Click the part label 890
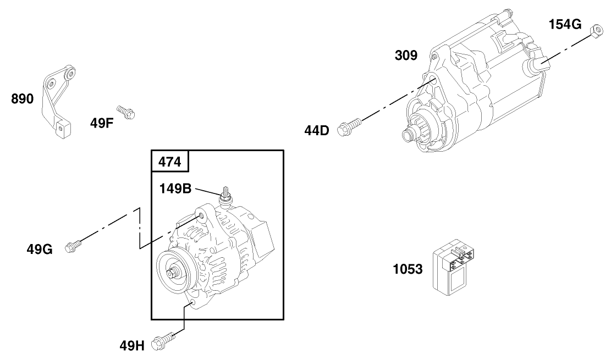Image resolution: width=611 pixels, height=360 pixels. tap(23, 99)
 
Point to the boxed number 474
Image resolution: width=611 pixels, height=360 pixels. tap(170, 162)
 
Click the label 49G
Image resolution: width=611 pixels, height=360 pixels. tap(40, 250)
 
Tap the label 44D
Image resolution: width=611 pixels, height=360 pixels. tap(316, 130)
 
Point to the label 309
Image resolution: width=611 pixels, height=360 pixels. tap(406, 55)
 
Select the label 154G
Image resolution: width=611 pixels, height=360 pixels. tap(564, 24)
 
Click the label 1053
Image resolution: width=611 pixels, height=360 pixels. tap(408, 269)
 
